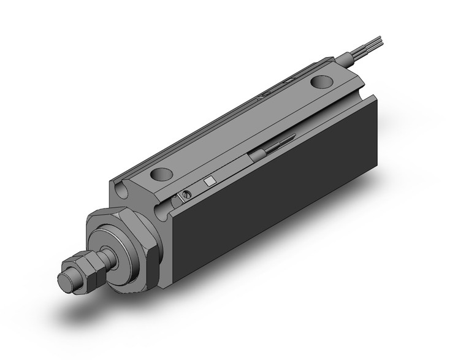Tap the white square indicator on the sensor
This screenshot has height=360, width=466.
pyautogui.click(x=210, y=181)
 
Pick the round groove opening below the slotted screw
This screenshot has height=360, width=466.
pyautogui.click(x=162, y=212)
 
